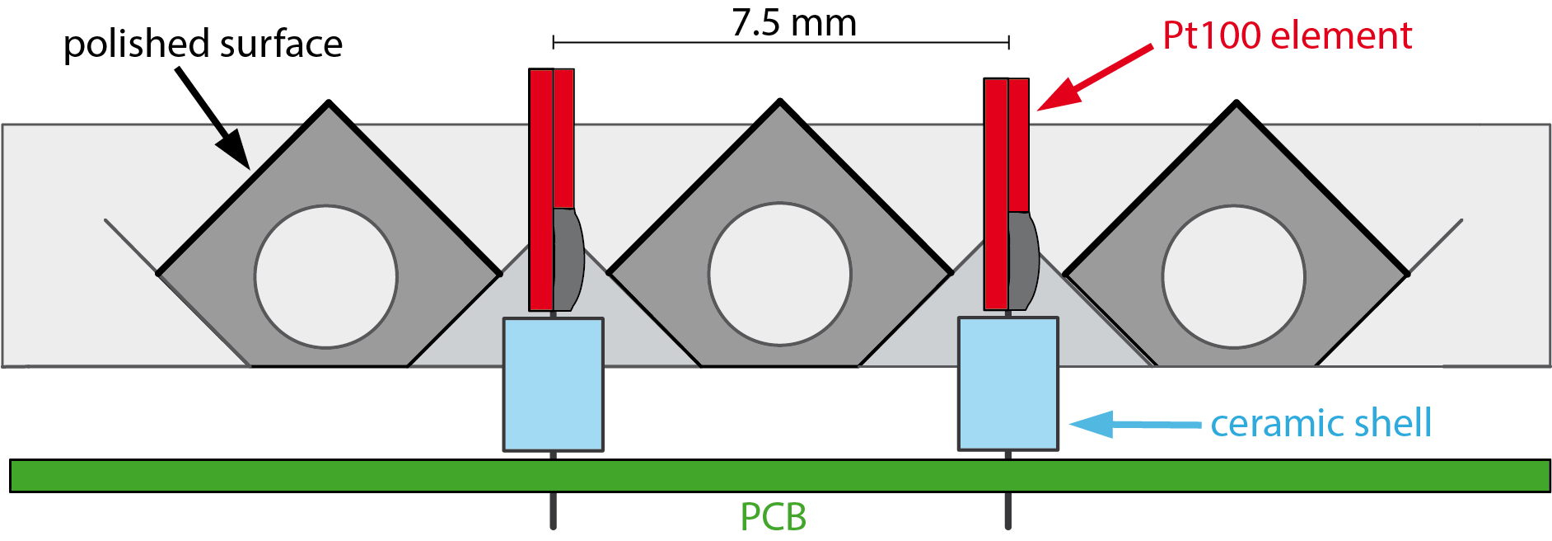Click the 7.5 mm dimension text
pos(794,22)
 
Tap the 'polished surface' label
pos(203,44)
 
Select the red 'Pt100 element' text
pos(1287,35)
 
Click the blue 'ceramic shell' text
pos(1321,423)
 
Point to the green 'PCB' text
pos(773,516)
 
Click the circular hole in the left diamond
pos(326,277)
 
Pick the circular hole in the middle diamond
pos(779,275)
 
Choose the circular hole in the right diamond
pos(1233,277)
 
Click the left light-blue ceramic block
pos(553,384)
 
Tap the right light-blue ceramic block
pos(1007,383)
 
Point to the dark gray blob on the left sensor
pos(568,260)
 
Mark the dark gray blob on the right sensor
pos(1022,261)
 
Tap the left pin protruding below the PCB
pos(553,510)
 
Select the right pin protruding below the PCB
pos(1007,510)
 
